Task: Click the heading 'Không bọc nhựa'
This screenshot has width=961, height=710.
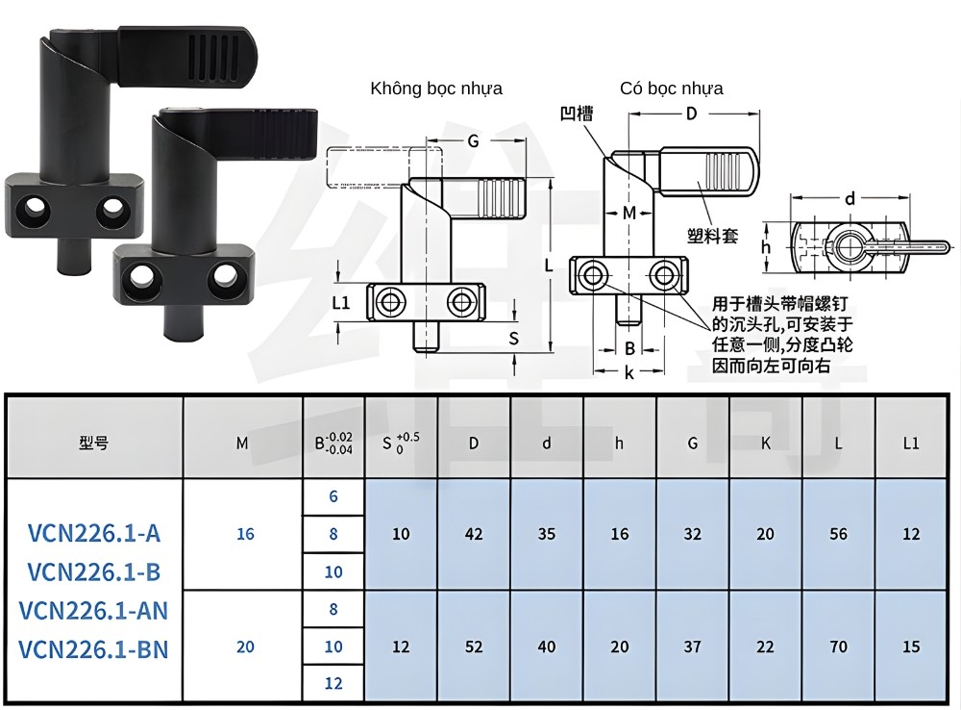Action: [436, 89]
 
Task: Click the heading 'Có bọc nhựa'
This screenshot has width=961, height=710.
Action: [672, 89]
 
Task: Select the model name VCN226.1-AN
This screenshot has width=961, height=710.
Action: [94, 610]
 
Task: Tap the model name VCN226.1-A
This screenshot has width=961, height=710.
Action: [94, 533]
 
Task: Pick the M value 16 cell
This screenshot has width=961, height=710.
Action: [245, 534]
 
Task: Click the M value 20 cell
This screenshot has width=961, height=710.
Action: [245, 647]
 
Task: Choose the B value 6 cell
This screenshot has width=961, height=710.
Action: [333, 496]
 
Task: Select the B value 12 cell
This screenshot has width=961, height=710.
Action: [333, 684]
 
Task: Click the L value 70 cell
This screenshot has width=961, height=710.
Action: [839, 647]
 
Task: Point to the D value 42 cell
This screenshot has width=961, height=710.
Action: [474, 534]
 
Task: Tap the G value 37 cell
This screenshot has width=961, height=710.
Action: [692, 647]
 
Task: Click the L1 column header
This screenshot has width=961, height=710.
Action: [911, 444]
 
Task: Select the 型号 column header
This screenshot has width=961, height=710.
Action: [94, 444]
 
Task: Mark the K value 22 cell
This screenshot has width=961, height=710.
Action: [765, 647]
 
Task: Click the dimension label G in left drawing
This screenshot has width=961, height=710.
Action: [472, 141]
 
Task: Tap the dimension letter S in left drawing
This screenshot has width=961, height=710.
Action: [513, 338]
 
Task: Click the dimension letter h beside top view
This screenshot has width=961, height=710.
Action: [766, 247]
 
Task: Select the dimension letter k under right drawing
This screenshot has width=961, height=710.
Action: [629, 373]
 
